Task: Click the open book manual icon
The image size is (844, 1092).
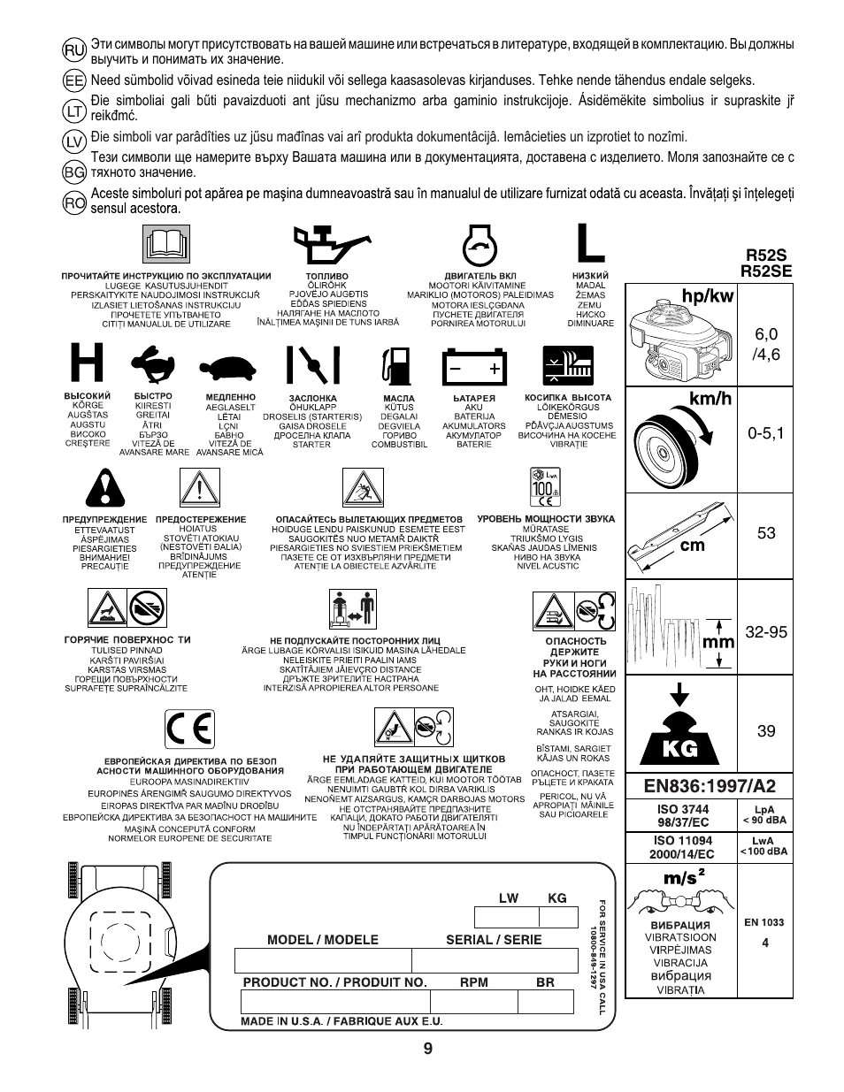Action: click(x=166, y=244)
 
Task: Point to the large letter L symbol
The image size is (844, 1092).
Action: click(x=590, y=242)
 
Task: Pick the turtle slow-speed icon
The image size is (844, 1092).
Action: click(x=227, y=367)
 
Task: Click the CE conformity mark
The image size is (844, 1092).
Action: click(x=189, y=729)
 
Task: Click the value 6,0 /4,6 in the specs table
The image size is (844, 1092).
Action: click(x=765, y=345)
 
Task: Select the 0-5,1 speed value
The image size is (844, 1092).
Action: click(x=765, y=433)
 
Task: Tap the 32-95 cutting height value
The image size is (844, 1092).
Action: click(x=765, y=632)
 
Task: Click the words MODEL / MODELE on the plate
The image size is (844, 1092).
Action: click(x=323, y=940)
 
